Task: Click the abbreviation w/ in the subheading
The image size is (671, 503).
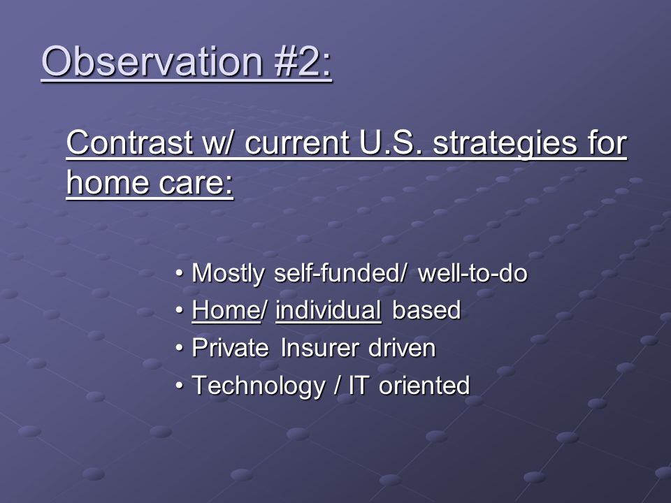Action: (218, 143)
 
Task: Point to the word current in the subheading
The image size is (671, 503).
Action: (297, 143)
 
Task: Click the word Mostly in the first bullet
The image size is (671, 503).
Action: (228, 274)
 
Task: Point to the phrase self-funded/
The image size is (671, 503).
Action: (340, 272)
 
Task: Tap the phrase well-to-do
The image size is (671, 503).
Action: (472, 272)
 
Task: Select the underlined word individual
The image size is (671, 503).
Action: (329, 309)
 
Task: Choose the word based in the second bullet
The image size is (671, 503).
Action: (426, 309)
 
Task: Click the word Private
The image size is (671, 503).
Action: (230, 347)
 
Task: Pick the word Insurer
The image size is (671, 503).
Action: (319, 347)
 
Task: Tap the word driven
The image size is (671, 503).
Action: (402, 347)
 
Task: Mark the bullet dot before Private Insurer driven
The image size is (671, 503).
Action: (180, 348)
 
